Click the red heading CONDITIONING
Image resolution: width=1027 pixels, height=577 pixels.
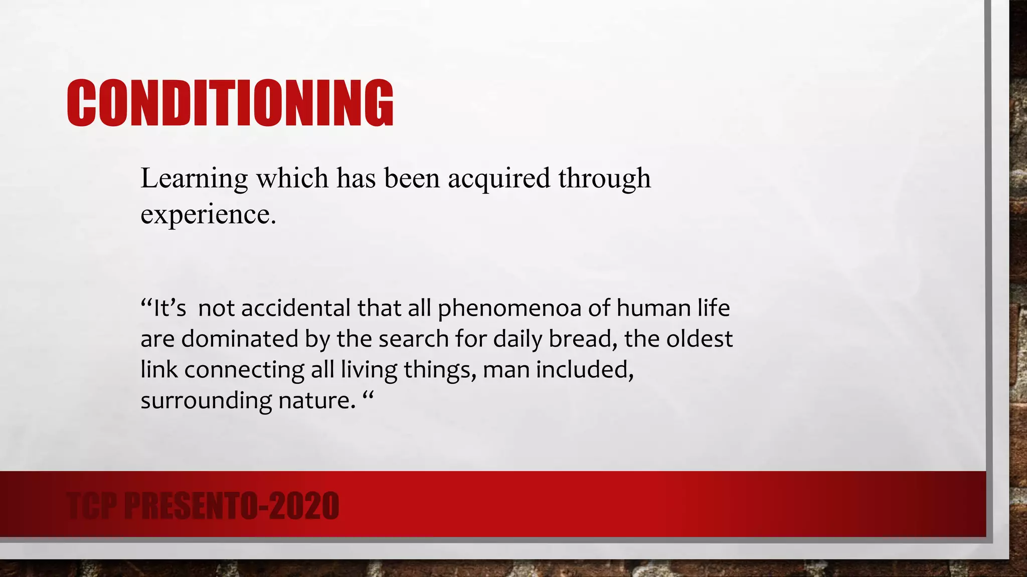(x=230, y=103)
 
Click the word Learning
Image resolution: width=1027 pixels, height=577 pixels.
(x=194, y=178)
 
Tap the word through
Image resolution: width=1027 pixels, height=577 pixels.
(x=604, y=178)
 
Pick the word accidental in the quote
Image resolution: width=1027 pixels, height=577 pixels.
(x=295, y=308)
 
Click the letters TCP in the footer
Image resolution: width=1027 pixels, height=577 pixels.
(x=92, y=506)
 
